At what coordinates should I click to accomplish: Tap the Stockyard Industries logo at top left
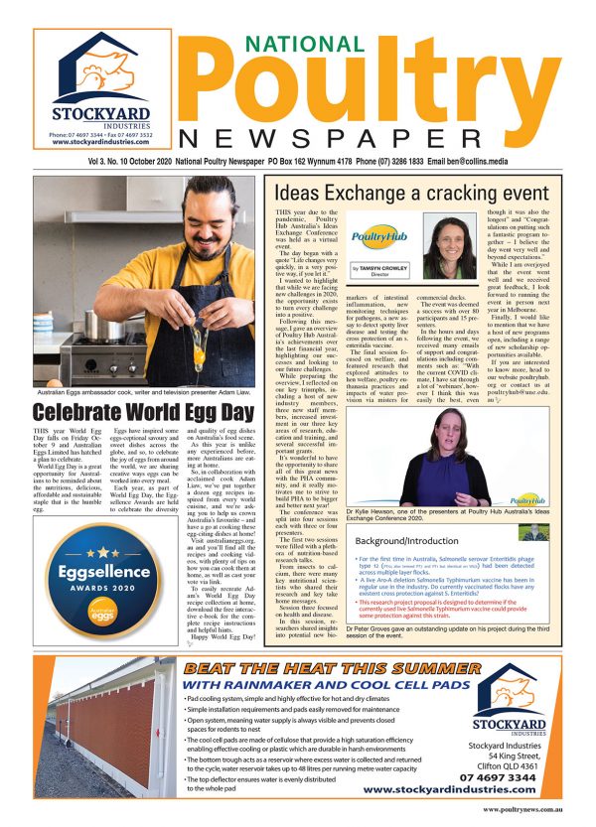pyautogui.click(x=87, y=88)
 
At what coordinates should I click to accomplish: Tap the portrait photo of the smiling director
pyautogui.click(x=450, y=248)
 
